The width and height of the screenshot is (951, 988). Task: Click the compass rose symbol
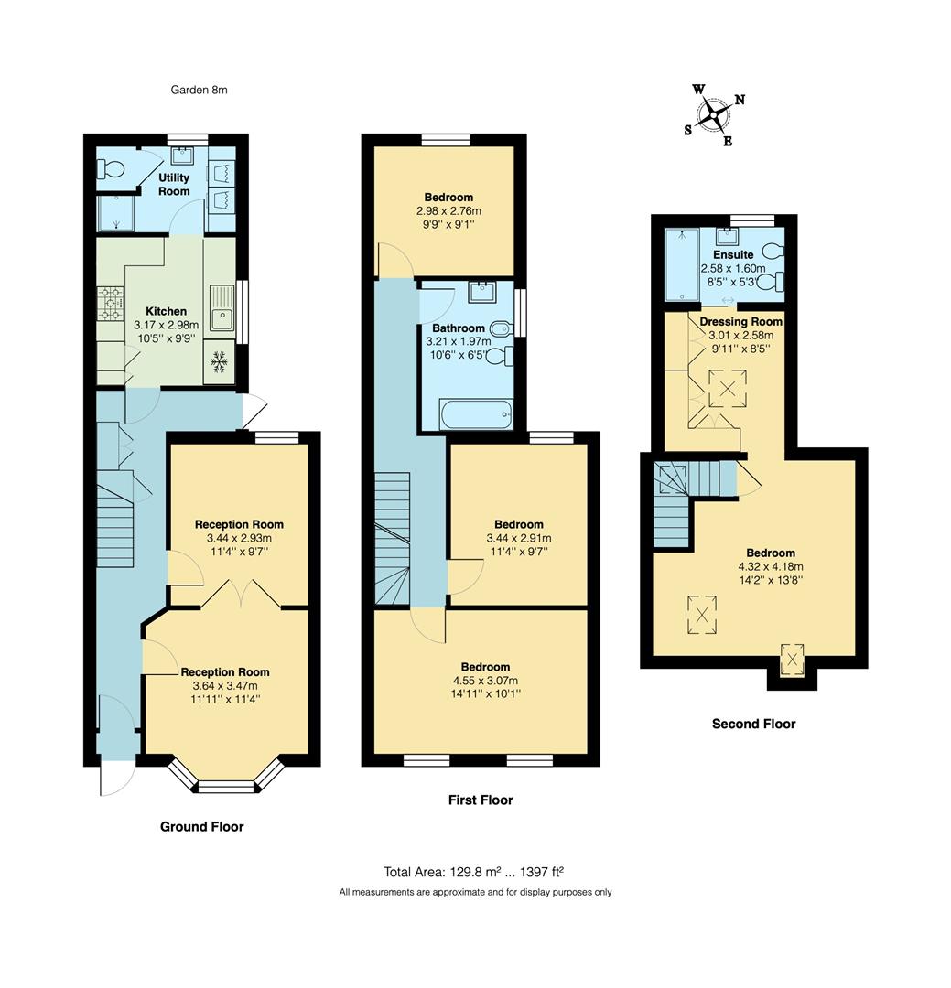tap(714, 115)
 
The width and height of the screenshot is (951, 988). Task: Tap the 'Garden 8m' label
tap(199, 90)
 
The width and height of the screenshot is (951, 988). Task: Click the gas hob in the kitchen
tap(111, 302)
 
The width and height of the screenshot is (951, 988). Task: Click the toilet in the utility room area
tap(113, 169)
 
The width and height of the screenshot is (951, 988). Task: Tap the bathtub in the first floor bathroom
tap(475, 414)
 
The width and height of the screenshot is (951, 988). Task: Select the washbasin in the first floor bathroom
tap(481, 293)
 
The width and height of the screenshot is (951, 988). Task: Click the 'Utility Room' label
tap(174, 184)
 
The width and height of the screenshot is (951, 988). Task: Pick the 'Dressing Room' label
tap(741, 322)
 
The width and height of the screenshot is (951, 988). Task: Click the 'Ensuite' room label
tap(734, 254)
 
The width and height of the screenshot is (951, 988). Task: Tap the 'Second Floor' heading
tap(753, 724)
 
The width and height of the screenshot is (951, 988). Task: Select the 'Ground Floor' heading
tap(202, 826)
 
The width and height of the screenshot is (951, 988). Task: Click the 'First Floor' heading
tap(481, 800)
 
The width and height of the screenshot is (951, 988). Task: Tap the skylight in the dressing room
tap(729, 388)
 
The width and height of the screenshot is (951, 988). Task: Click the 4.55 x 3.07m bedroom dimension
tap(485, 681)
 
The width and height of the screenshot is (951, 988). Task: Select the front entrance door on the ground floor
tap(118, 777)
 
